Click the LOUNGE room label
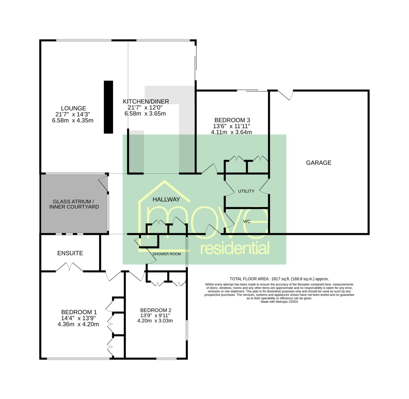[x=73, y=108]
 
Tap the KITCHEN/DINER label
[x=146, y=102]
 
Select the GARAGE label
[x=318, y=163]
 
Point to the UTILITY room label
[x=246, y=191]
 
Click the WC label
[x=247, y=221]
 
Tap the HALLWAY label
[x=166, y=199]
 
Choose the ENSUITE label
[x=70, y=253]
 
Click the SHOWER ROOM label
[x=166, y=254]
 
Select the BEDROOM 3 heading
[x=232, y=120]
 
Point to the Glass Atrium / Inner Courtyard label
[x=74, y=204]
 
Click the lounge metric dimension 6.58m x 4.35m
[x=72, y=120]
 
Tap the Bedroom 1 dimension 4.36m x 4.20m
[x=78, y=324]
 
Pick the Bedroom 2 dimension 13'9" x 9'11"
[x=155, y=315]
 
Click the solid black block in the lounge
[x=108, y=107]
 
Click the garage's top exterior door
[x=285, y=95]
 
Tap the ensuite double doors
[x=69, y=267]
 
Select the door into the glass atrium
[x=103, y=183]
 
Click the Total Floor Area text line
[x=279, y=279]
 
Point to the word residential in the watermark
[x=235, y=248]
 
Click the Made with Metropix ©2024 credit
[x=279, y=302]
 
